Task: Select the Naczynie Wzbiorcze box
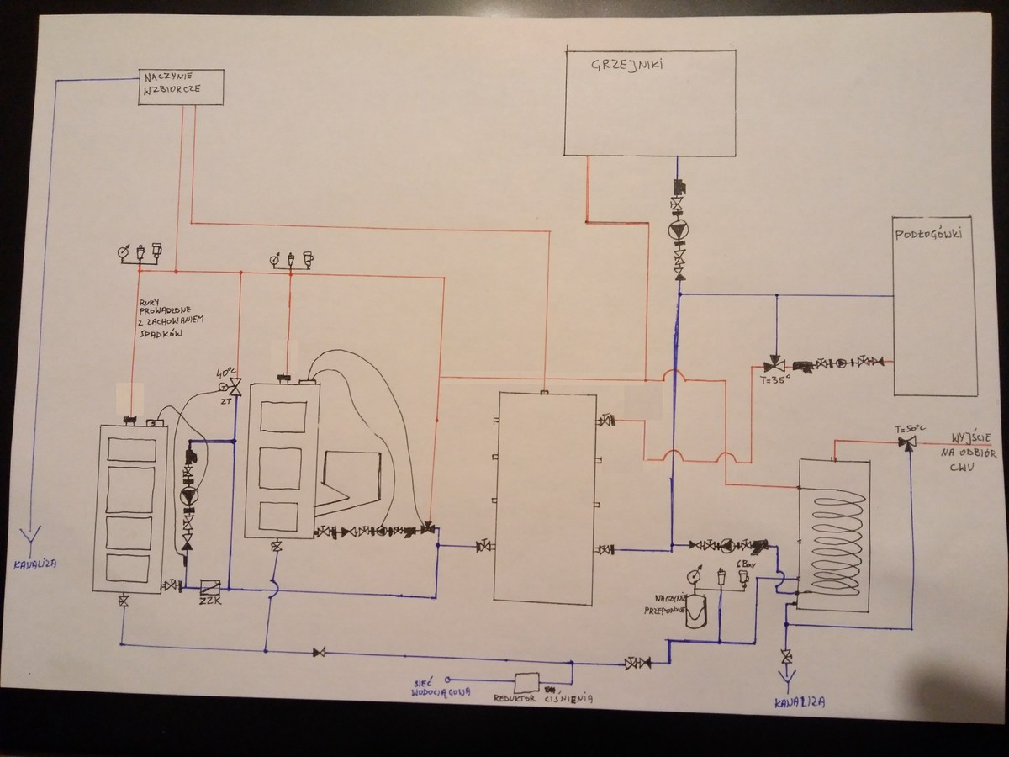tap(181, 87)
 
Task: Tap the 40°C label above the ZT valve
tap(226, 372)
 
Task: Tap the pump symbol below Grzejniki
tap(678, 230)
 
